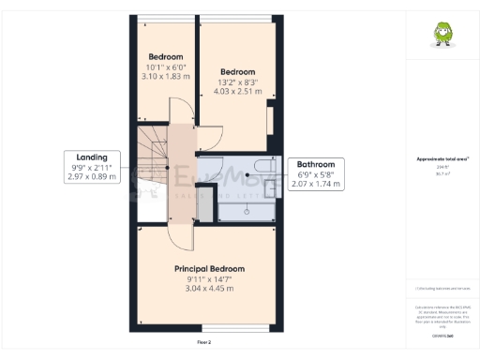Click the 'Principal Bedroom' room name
203,269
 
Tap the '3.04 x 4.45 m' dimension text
203,289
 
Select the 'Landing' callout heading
92,157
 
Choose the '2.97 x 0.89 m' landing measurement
92,176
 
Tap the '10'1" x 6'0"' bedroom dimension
167,66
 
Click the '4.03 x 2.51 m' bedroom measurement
238,92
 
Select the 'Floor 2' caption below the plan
203,343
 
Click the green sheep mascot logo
441,34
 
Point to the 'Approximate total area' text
442,159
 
